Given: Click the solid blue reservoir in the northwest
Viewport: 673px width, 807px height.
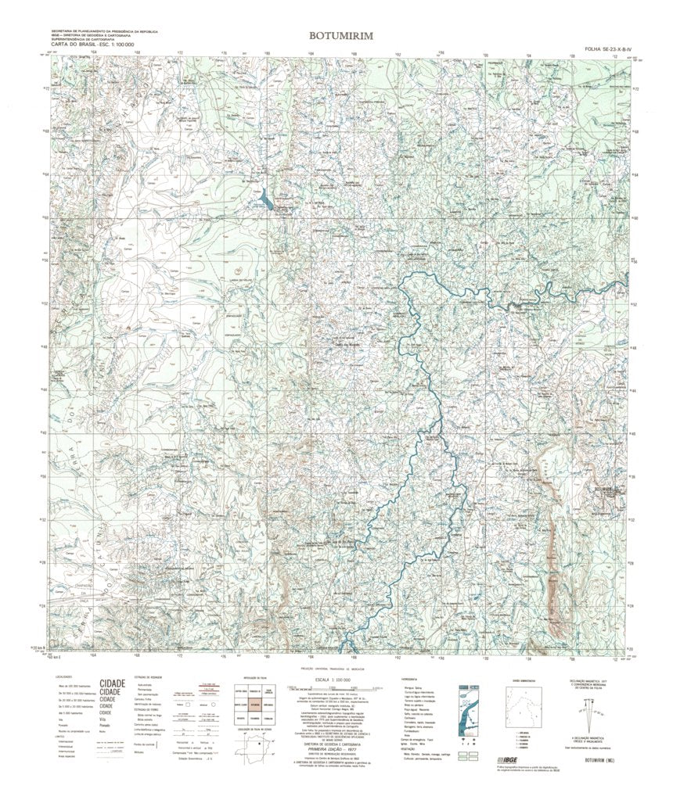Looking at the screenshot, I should tap(267, 200).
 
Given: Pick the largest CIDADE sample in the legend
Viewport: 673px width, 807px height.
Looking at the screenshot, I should tap(113, 683).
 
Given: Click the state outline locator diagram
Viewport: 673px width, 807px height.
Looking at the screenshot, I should tap(254, 752).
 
